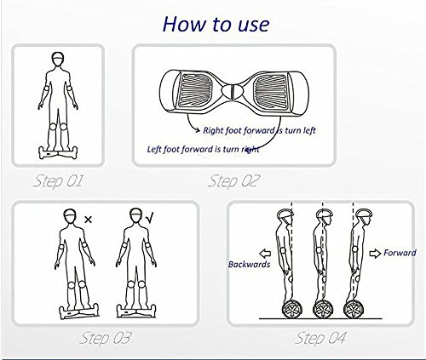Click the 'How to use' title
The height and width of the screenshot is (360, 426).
point(216,24)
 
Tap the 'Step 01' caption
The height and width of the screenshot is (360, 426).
point(58,181)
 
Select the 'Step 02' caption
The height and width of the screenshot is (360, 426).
point(233,181)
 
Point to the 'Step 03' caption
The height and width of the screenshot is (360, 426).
point(106,338)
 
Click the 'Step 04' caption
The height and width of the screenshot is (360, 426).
point(320,338)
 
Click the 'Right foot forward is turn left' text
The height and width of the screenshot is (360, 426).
point(259,130)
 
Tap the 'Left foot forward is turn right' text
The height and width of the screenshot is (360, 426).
point(203,149)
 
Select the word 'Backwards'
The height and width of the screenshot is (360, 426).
point(249,265)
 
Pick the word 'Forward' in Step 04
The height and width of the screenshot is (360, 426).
point(400,253)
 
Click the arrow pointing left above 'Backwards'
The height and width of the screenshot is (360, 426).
point(265,253)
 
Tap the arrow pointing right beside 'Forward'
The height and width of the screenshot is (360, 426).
point(375,253)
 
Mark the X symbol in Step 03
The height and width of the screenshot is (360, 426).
point(89,220)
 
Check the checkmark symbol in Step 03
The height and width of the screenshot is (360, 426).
point(150,218)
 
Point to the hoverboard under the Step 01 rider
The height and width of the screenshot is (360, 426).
point(58,153)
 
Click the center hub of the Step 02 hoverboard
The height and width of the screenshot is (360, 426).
point(233,91)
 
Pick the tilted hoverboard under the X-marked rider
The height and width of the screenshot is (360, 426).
point(79,311)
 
